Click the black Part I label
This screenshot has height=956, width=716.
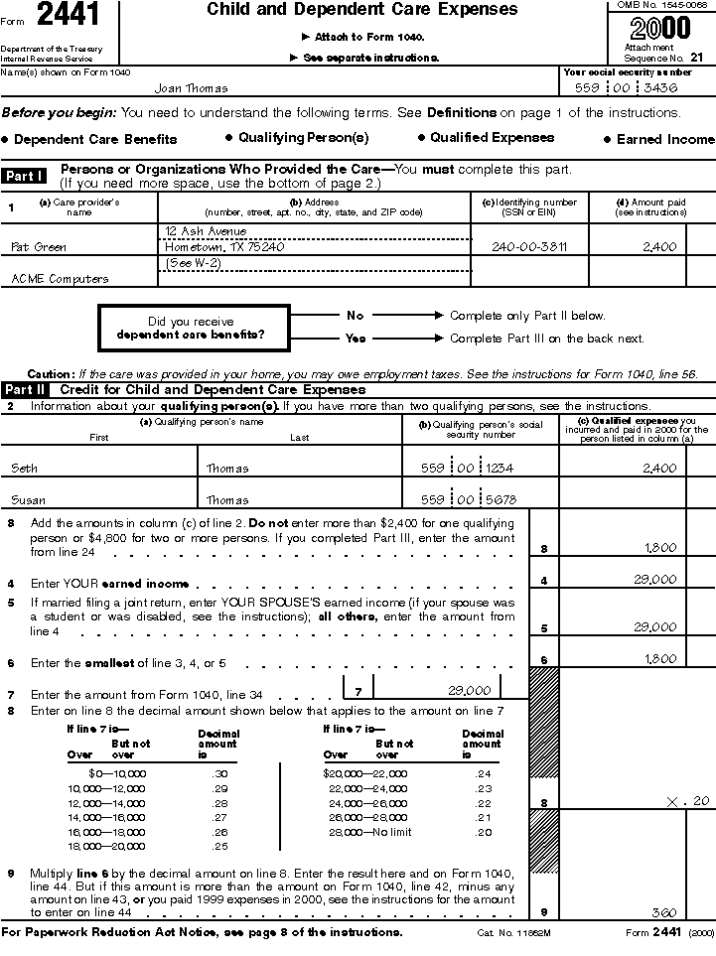click(x=24, y=176)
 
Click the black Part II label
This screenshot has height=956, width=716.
click(x=25, y=390)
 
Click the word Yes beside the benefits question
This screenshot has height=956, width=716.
click(x=355, y=339)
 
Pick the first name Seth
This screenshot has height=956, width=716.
click(x=24, y=469)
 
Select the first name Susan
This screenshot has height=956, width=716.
click(x=27, y=500)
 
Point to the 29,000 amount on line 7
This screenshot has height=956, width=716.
click(x=469, y=690)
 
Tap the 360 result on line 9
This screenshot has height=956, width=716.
click(x=663, y=911)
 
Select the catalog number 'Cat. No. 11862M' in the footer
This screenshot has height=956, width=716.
click(x=513, y=933)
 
